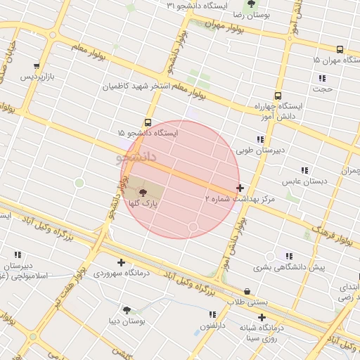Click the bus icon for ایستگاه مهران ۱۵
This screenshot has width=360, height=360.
[x=340, y=49]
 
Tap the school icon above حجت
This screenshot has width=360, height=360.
[x=322, y=78]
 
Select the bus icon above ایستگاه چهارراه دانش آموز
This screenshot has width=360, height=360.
[x=278, y=96]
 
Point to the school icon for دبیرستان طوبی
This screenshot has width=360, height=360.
[x=260, y=139]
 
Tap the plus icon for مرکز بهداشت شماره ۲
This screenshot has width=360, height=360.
[x=241, y=188]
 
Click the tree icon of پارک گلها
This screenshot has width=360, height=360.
[x=143, y=192]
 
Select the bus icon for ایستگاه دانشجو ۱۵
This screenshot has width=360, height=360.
[x=148, y=122]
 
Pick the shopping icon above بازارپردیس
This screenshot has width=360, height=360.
[x=37, y=67]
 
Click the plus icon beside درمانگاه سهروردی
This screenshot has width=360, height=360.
[x=121, y=262]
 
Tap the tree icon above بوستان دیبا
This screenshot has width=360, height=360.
[x=127, y=310]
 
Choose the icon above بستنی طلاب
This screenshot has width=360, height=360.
[x=247, y=291]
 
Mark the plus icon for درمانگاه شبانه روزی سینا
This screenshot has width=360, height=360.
[x=262, y=317]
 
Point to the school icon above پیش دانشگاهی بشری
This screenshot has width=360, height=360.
[x=289, y=257]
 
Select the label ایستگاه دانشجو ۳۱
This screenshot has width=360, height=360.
[x=191, y=6]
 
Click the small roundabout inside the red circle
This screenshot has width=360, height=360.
[x=193, y=226]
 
